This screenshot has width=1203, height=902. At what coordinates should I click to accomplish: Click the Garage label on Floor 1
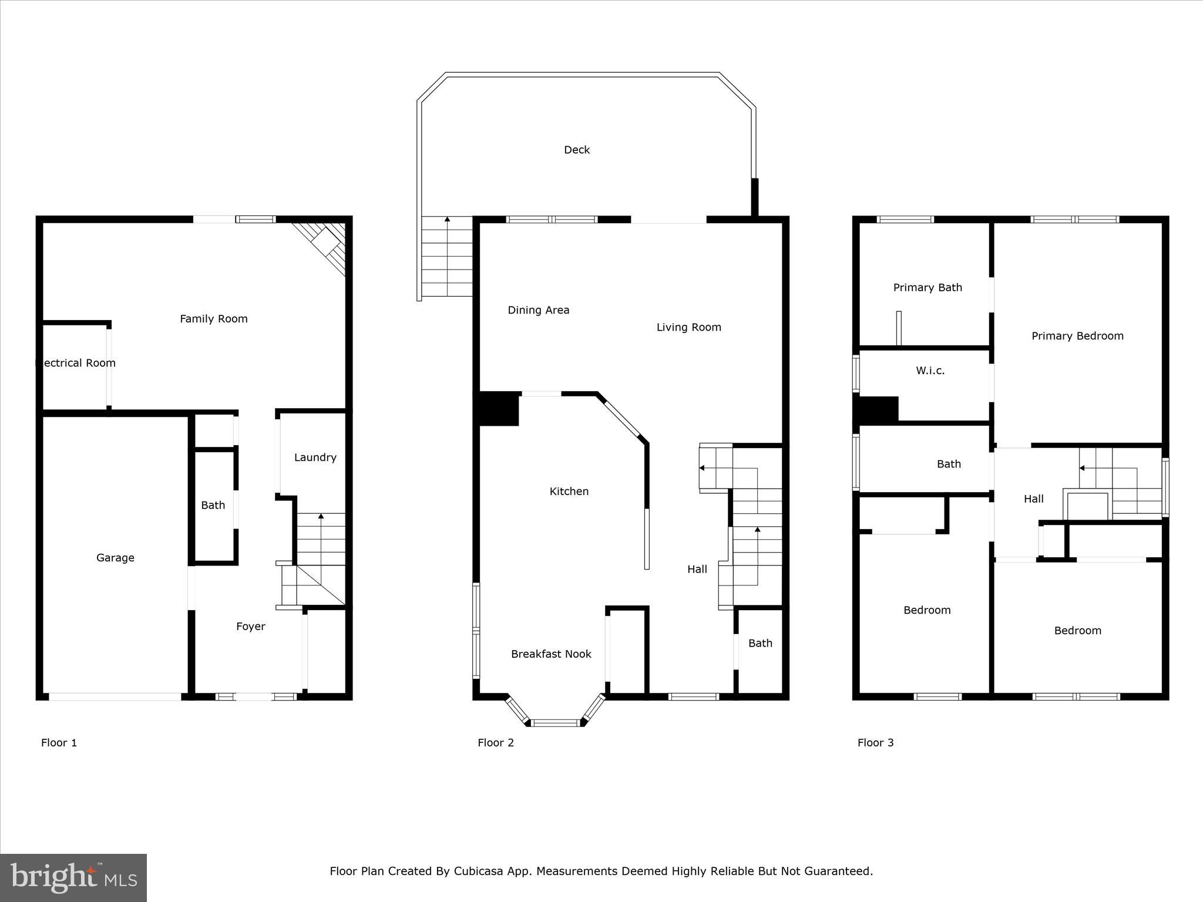(x=115, y=558)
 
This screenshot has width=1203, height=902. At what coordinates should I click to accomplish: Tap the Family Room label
(x=213, y=319)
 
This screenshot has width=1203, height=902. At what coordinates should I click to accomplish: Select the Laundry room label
(x=315, y=457)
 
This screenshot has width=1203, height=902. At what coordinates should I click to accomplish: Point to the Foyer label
(x=250, y=627)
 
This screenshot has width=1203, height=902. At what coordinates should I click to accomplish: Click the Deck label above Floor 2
(x=576, y=150)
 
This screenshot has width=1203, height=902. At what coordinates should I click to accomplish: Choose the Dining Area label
(x=538, y=310)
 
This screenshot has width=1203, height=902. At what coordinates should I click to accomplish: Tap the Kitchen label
(x=569, y=492)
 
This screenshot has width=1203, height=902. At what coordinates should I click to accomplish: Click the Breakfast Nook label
(x=550, y=654)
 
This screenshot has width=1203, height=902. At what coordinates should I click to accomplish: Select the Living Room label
(x=688, y=327)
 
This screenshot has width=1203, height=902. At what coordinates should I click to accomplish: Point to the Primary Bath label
(x=928, y=288)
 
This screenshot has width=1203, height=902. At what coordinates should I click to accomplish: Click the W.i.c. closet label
(x=930, y=371)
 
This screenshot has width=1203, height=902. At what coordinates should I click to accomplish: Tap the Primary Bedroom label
(x=1077, y=336)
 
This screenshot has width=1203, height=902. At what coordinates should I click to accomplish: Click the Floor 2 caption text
(x=495, y=743)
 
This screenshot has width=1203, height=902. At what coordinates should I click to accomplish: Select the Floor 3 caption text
(x=875, y=743)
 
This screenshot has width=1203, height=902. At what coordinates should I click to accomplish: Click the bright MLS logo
(x=73, y=878)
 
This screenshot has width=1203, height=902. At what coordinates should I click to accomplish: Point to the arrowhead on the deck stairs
(x=448, y=220)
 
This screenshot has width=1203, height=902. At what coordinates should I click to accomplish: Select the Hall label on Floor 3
(x=1033, y=499)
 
